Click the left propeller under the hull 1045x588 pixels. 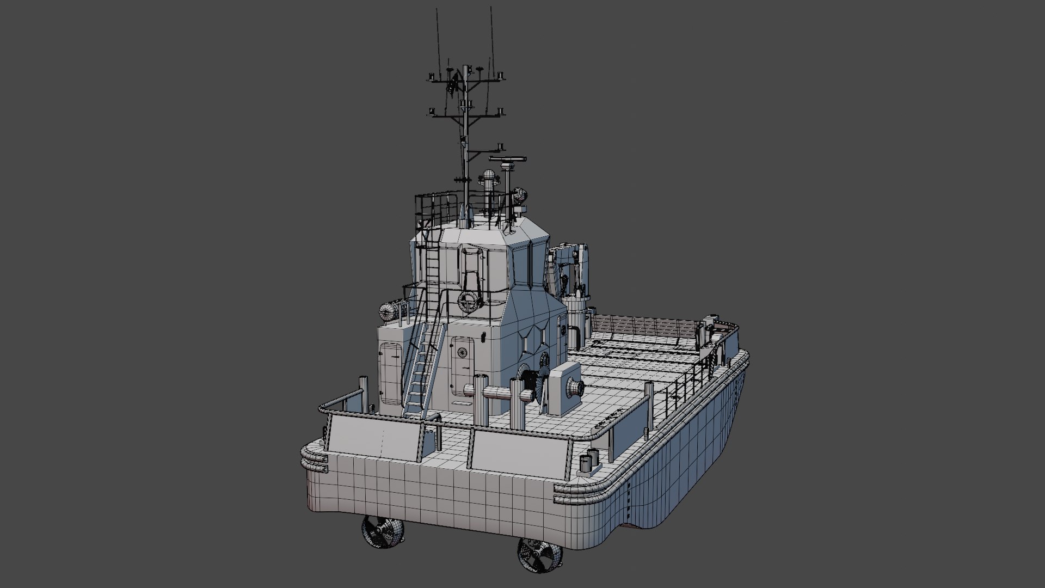383,532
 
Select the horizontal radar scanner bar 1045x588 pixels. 507,160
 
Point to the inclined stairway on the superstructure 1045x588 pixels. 422,370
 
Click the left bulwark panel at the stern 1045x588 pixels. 376,436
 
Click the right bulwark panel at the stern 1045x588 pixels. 517,452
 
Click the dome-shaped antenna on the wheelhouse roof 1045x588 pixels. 488,177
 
